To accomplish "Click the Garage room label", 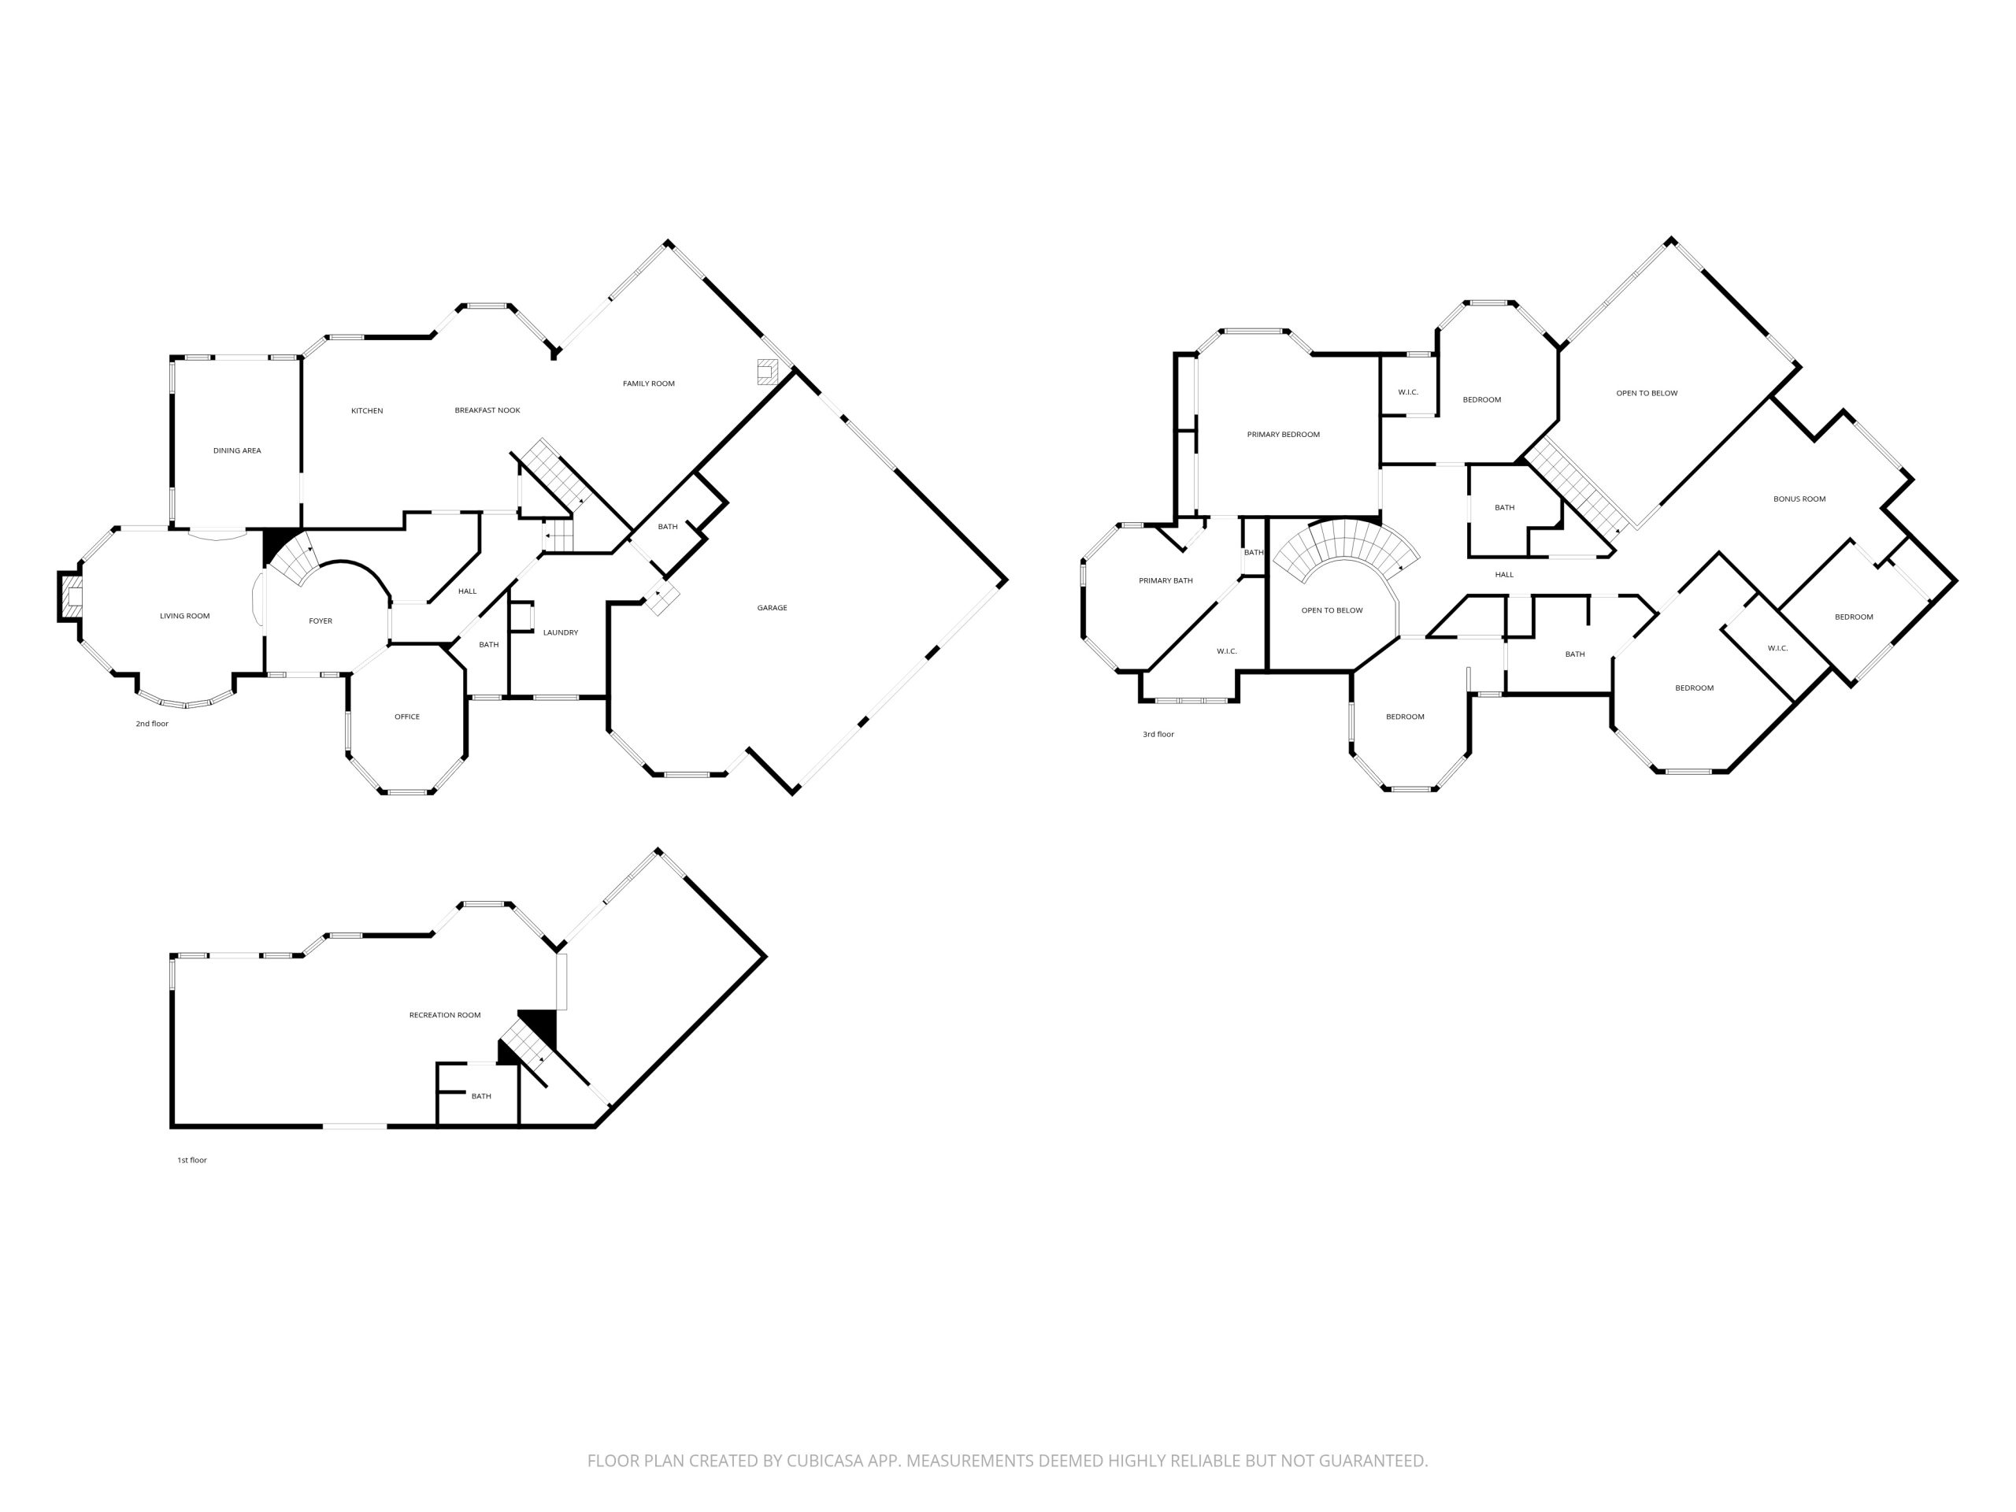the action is point(772,608).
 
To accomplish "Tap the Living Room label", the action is point(185,616).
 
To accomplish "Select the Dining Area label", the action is point(237,450).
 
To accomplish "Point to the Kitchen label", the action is point(367,411).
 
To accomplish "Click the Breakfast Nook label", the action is point(487,410).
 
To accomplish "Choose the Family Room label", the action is point(649,384).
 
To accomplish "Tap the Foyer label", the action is point(321,621).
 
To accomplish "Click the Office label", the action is point(407,717).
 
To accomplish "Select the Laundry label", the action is point(561,632).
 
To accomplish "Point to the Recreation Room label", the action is point(445,1015).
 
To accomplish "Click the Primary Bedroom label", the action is point(1284,435).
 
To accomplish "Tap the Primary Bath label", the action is point(1165,580).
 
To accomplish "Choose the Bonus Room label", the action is point(1799,499).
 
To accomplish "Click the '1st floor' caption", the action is point(192,1160).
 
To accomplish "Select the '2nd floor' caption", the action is point(152,724).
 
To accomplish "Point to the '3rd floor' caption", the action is point(1158,734).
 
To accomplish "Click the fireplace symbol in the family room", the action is point(767,371).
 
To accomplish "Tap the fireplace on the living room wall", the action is point(71,597).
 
